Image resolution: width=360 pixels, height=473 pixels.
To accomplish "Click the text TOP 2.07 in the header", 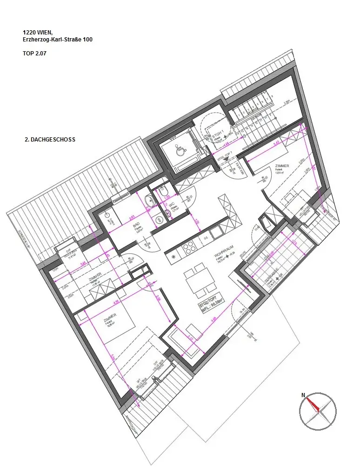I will click(34, 54).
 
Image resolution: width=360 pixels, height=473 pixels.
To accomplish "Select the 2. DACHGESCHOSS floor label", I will click(49, 139).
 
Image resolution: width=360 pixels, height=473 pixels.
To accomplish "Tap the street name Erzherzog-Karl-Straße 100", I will click(57, 40).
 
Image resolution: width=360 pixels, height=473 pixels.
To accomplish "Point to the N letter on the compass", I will click(303, 395).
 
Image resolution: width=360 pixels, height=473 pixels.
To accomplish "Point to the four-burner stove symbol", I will click(189, 248).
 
